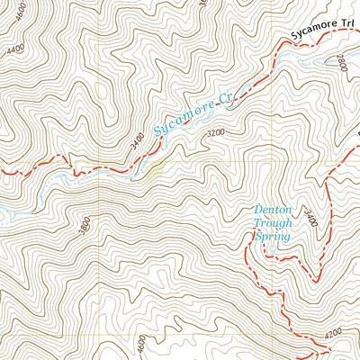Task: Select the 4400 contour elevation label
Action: pos(13,50)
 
